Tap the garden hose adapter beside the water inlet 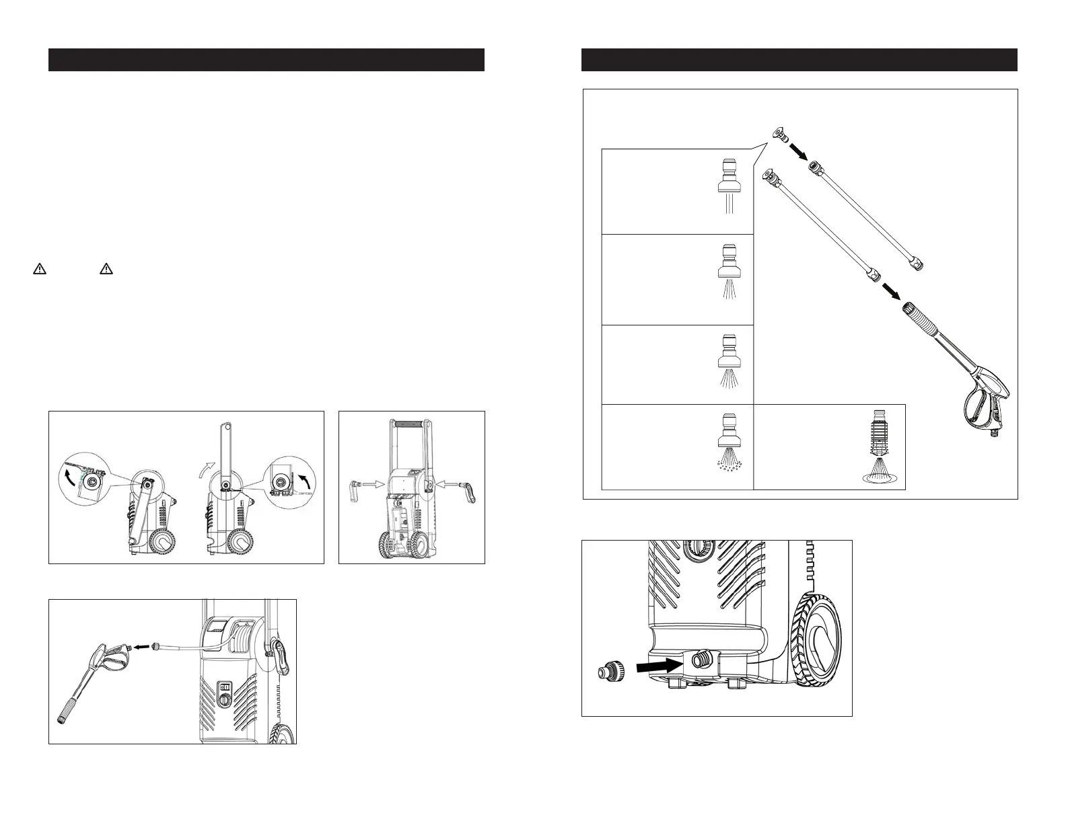pyautogui.click(x=609, y=671)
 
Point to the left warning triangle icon pyautogui.click(x=40, y=269)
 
